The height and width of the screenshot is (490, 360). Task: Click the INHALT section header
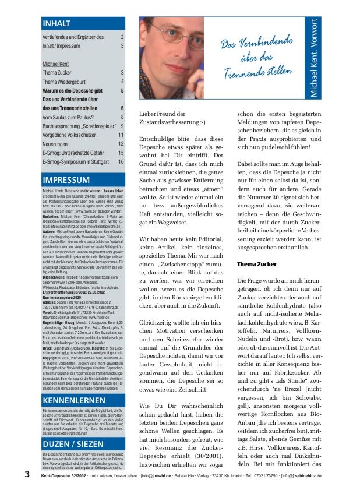(x=57, y=23)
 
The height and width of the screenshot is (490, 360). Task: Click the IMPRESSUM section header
(x=65, y=180)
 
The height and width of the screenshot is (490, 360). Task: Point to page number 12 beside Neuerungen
(x=121, y=143)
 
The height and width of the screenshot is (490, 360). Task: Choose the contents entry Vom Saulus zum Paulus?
(x=68, y=117)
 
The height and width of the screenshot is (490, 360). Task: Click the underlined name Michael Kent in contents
(x=56, y=64)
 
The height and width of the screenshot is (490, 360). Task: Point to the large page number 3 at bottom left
(x=27, y=475)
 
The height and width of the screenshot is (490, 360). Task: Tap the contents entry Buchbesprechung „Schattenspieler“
(x=79, y=126)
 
